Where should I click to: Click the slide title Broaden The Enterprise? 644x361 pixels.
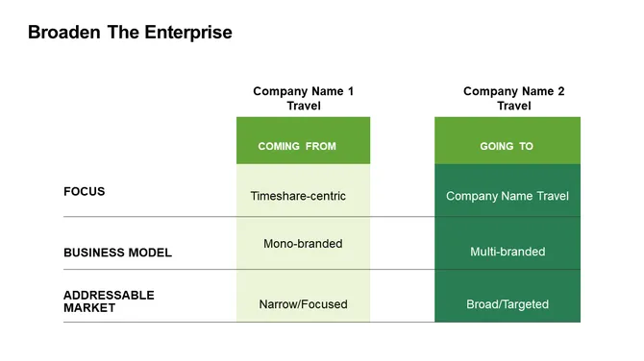click(x=130, y=33)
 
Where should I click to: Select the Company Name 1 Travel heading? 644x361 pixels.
click(x=303, y=99)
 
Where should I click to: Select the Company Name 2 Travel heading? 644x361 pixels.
click(x=513, y=99)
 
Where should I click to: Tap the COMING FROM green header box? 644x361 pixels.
click(x=303, y=141)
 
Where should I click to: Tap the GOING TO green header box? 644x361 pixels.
click(x=507, y=141)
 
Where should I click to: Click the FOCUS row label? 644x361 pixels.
click(x=85, y=192)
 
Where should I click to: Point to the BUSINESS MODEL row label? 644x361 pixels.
click(x=117, y=253)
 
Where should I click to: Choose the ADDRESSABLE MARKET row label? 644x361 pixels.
click(x=109, y=301)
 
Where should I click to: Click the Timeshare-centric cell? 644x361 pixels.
click(x=298, y=196)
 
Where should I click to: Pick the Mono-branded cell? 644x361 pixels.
click(x=303, y=244)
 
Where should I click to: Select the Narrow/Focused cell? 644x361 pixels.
click(x=303, y=304)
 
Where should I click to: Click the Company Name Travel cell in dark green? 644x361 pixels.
click(x=508, y=196)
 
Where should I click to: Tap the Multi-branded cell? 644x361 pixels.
click(x=508, y=252)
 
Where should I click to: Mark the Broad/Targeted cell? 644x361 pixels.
click(x=508, y=304)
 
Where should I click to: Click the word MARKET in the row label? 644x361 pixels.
click(x=89, y=308)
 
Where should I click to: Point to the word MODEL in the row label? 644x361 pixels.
click(x=149, y=253)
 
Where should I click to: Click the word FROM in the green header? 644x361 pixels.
click(x=321, y=147)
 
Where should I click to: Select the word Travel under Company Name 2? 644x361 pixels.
click(x=514, y=106)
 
